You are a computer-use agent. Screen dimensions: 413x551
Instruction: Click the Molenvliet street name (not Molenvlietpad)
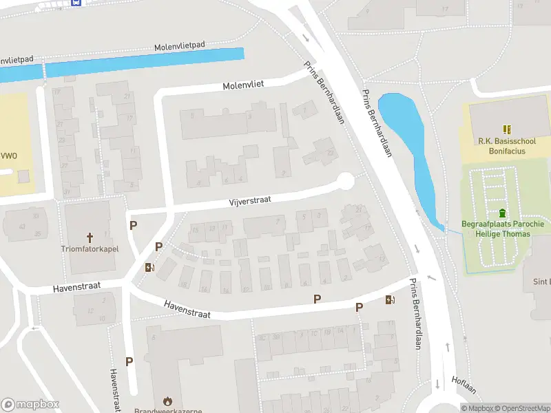tap(243, 86)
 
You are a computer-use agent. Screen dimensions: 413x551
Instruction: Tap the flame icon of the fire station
tap(167, 400)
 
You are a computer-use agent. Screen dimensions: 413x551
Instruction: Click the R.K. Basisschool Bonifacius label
tap(506, 145)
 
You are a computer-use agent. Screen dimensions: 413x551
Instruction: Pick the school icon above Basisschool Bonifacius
tap(507, 129)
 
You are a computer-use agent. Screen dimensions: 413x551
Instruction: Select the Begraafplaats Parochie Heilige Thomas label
tap(503, 229)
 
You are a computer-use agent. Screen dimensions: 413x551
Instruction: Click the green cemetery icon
tap(502, 213)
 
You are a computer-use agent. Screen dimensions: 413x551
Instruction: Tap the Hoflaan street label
tap(464, 385)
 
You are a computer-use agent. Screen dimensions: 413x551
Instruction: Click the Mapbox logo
tap(30, 404)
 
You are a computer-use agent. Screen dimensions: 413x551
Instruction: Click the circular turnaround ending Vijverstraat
tap(345, 182)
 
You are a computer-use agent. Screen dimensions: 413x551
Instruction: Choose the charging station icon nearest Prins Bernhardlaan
tap(391, 299)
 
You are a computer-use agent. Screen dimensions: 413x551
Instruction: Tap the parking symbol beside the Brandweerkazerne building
tap(129, 361)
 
